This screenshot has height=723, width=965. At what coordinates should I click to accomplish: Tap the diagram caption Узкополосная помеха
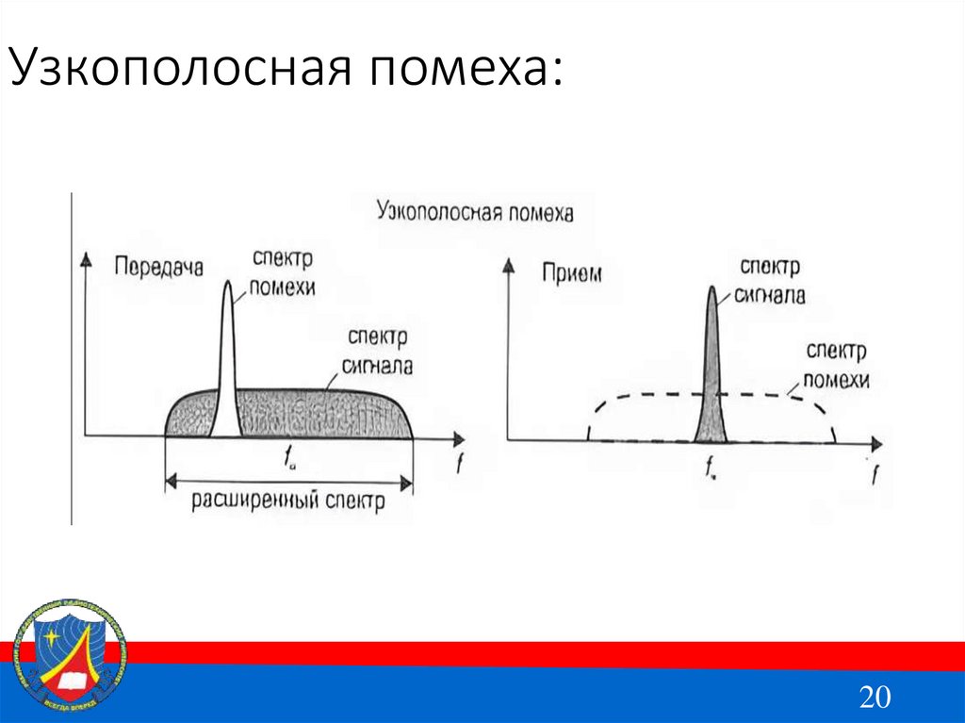tap(474, 210)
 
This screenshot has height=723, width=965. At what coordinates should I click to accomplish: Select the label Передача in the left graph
tap(158, 267)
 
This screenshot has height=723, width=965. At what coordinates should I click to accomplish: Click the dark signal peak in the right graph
tap(711, 377)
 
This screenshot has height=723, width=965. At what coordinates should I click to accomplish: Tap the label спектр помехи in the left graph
tap(282, 272)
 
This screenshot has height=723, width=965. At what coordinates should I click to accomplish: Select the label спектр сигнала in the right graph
tap(772, 281)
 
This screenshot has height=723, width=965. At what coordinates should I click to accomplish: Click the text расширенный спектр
tap(288, 501)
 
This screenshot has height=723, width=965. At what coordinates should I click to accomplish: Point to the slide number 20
tap(875, 697)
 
